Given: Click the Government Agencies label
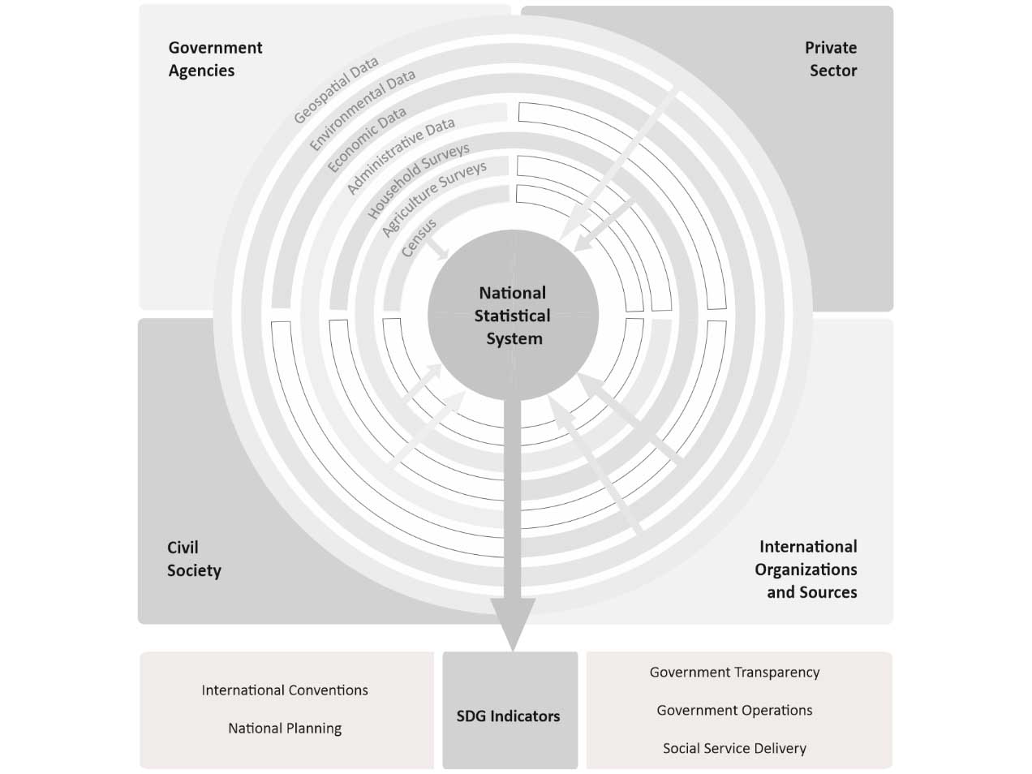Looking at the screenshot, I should tap(215, 59).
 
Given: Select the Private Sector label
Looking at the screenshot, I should tap(832, 59).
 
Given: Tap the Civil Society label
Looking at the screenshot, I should tap(194, 559).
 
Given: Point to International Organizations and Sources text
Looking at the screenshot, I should tap(806, 570).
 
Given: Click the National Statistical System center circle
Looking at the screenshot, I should tap(513, 316).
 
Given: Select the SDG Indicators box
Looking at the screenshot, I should tap(509, 716).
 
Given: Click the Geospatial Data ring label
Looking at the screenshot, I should tap(335, 91).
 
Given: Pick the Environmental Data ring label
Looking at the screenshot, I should tap(362, 110).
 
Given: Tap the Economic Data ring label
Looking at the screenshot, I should tap(367, 140).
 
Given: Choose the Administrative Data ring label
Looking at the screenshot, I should tap(400, 156).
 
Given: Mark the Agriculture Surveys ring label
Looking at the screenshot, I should tap(434, 199).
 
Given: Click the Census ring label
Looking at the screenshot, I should tap(419, 238).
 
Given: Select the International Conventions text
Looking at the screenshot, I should tap(285, 690).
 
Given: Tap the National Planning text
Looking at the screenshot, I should tap(285, 729).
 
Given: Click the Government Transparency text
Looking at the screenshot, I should tap(734, 673).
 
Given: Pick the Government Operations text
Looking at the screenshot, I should tap(734, 711).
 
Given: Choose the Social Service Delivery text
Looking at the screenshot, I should tap(734, 749).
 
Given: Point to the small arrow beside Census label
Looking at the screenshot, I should tap(439, 247).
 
